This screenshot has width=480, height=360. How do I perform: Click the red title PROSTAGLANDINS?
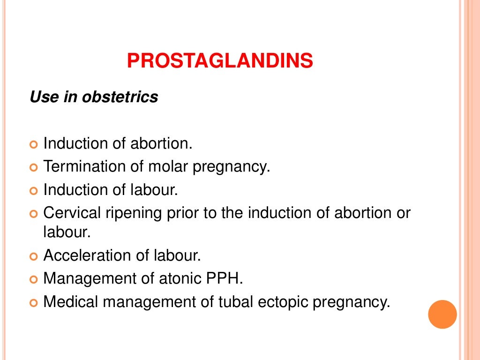[220, 61]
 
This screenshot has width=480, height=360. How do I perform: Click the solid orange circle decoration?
[442, 314]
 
